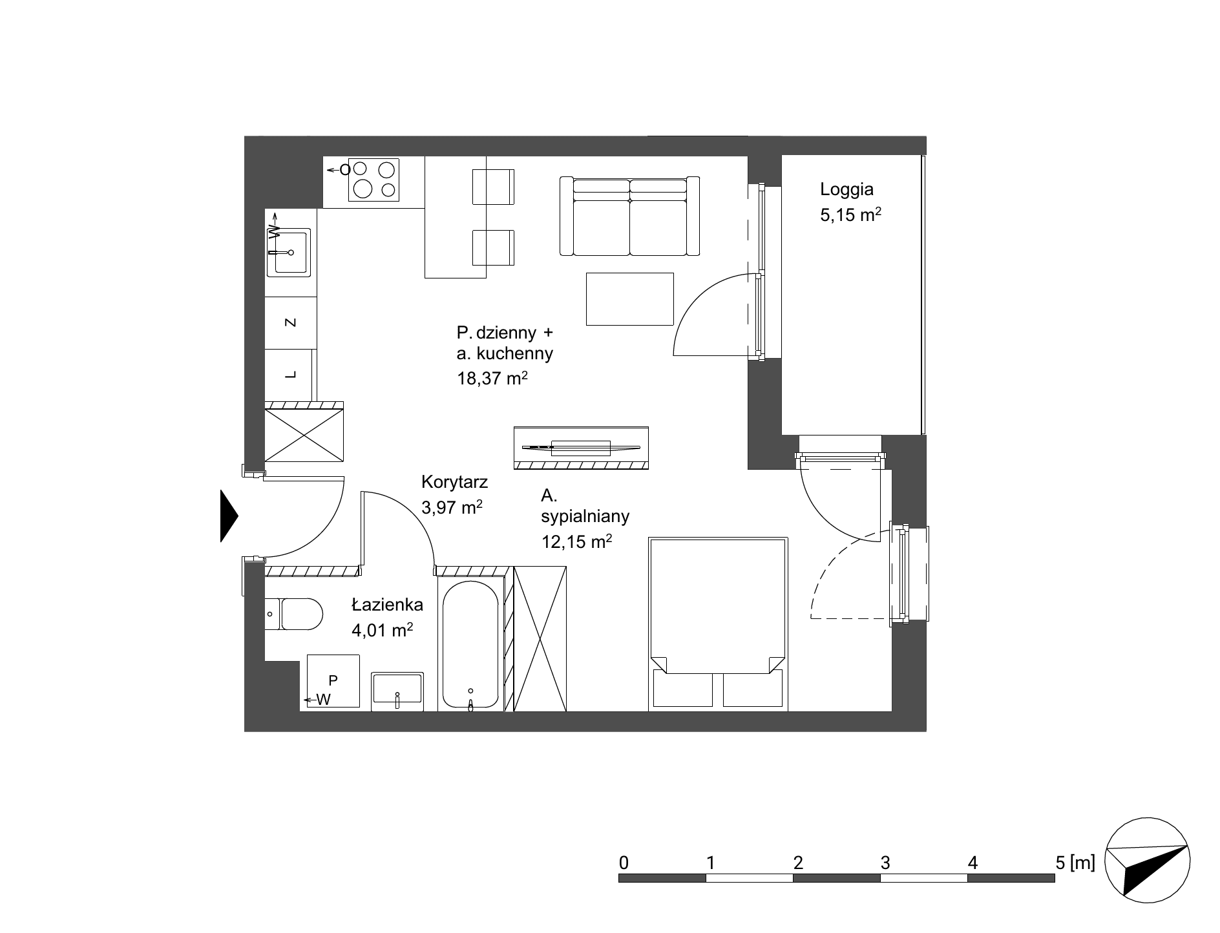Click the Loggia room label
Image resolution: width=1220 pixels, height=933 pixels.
pyautogui.click(x=847, y=189)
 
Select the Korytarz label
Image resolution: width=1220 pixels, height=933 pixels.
pyautogui.click(x=454, y=481)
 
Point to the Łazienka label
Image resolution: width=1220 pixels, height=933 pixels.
pyautogui.click(x=387, y=605)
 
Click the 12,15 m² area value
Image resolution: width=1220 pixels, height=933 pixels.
pyautogui.click(x=576, y=541)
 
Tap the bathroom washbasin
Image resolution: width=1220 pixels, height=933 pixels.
pyautogui.click(x=397, y=691)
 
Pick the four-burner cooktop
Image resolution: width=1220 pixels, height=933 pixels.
pyautogui.click(x=373, y=179)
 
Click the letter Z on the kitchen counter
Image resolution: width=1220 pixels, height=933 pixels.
pyautogui.click(x=291, y=322)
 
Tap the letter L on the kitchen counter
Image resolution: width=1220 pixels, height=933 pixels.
pyautogui.click(x=291, y=374)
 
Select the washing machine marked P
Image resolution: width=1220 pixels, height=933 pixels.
pyautogui.click(x=333, y=681)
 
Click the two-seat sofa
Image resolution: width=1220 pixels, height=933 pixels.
pyautogui.click(x=629, y=216)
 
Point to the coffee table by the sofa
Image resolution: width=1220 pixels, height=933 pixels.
pyautogui.click(x=630, y=299)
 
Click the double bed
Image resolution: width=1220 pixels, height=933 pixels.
pyautogui.click(x=719, y=624)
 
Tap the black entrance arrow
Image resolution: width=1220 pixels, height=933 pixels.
pyautogui.click(x=229, y=516)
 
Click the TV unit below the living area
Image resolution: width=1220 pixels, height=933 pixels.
pyautogui.click(x=581, y=447)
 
